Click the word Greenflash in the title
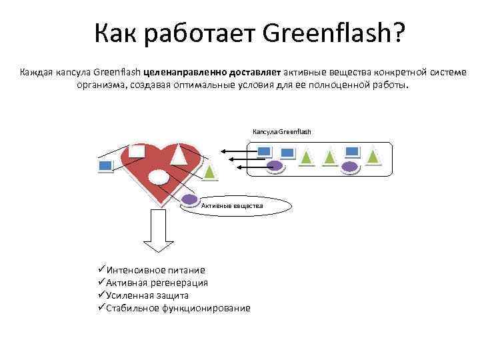click(x=334, y=32)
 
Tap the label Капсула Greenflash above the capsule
click(x=281, y=131)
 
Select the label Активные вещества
click(x=232, y=206)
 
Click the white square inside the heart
click(x=137, y=151)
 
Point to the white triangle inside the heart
click(x=178, y=155)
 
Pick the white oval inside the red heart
click(x=158, y=177)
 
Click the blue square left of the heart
click(x=105, y=165)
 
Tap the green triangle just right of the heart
click(x=209, y=171)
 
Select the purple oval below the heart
click(x=190, y=199)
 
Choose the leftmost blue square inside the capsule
click(x=264, y=151)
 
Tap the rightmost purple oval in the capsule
click(x=349, y=167)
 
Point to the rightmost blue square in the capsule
click(x=352, y=152)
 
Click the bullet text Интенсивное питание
click(x=156, y=270)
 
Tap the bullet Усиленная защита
click(x=147, y=295)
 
